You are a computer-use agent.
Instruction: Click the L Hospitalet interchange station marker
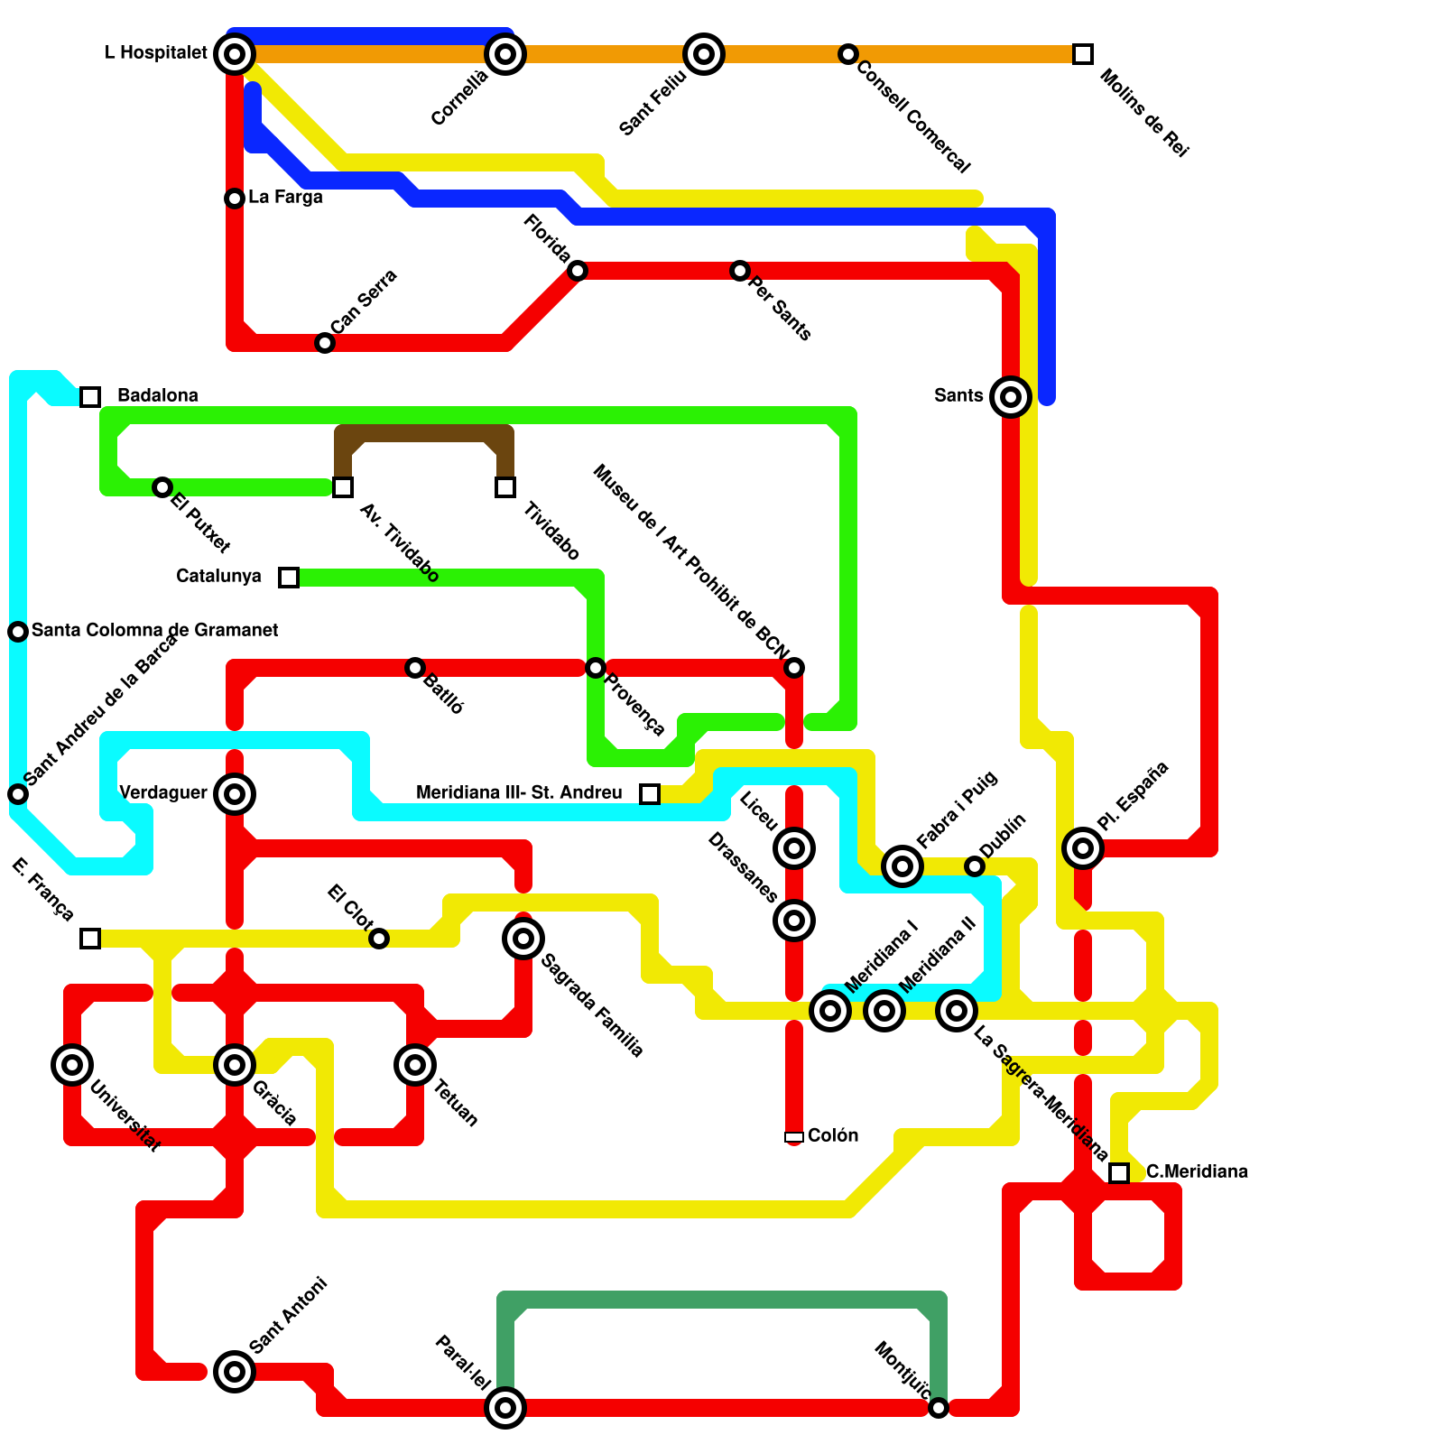(235, 54)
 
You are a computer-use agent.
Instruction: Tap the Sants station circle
(1011, 396)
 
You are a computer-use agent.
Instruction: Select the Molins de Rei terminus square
(1083, 54)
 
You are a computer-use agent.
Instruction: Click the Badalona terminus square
(90, 396)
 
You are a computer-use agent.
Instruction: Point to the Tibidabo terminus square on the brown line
(505, 487)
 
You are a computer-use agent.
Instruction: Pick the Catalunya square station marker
(289, 577)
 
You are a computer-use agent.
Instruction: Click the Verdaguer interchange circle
(235, 793)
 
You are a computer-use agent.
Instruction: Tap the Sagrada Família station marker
(523, 939)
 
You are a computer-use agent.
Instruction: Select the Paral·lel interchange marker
(505, 1407)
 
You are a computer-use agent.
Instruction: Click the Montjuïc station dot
(939, 1407)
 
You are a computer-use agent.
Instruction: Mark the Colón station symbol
(794, 1136)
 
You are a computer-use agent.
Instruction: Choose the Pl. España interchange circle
(1083, 847)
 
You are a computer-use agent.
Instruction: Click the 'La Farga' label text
(285, 197)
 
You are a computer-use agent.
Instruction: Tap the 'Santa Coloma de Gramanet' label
(154, 630)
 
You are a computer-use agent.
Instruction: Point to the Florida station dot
(578, 270)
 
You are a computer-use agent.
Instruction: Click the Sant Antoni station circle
(235, 1371)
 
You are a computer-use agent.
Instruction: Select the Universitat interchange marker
(72, 1064)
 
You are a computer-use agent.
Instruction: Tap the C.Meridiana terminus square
(1119, 1172)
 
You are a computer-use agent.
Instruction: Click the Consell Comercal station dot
(847, 54)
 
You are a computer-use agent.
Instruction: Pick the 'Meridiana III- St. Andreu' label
(519, 792)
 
